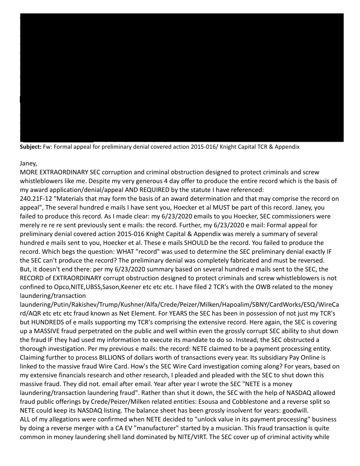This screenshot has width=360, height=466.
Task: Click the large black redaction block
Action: [182, 77]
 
